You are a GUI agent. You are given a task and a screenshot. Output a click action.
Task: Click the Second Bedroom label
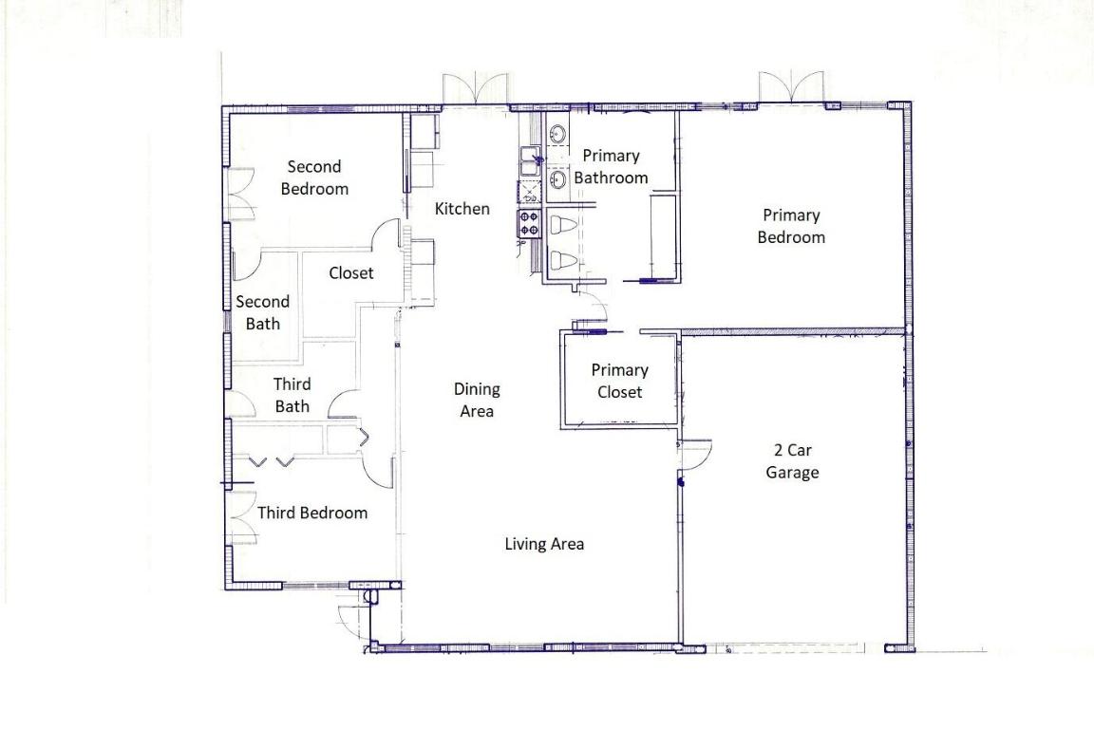314,178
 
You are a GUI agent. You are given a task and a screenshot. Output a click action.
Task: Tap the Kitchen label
462,209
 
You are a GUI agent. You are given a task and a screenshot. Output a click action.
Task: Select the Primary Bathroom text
611,166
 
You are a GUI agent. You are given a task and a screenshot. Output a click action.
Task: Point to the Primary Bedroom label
790,226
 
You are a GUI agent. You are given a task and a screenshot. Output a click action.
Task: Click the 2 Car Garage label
792,461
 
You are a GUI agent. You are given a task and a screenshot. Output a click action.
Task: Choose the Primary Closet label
619,381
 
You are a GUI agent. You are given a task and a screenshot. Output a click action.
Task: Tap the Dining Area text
477,400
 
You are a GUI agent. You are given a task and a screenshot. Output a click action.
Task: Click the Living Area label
544,544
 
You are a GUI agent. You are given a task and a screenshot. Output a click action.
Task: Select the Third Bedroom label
312,513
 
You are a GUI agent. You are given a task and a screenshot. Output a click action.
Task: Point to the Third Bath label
292,396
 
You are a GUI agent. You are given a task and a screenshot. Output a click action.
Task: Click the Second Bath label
263,312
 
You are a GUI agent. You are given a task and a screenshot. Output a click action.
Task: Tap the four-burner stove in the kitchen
529,224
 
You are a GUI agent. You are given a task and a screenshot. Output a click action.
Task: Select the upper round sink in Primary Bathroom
557,134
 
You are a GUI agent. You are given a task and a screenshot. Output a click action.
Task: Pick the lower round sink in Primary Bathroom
557,178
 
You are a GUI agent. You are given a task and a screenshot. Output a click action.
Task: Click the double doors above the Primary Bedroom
790,85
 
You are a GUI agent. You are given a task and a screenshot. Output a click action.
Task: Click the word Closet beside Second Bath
351,273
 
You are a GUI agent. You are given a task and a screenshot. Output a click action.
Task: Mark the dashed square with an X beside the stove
528,194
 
